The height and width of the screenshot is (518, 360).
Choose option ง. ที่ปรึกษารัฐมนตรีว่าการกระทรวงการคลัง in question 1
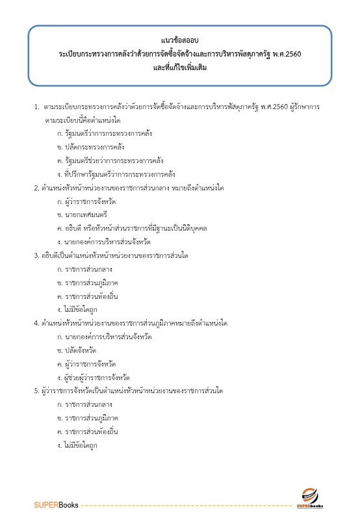[x=116, y=174]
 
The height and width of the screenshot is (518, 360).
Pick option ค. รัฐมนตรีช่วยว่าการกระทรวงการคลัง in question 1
[x=110, y=161]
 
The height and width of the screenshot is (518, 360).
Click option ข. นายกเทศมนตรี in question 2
[x=82, y=214]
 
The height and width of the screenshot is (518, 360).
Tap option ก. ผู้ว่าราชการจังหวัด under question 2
[x=91, y=201]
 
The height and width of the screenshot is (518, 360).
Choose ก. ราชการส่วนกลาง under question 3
[x=85, y=268]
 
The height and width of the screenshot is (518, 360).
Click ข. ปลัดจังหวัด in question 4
[x=81, y=350]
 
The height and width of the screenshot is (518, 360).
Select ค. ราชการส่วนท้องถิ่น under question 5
[x=88, y=431]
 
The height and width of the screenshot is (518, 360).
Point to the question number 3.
[x=36, y=255]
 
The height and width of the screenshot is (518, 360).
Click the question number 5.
[x=36, y=391]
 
